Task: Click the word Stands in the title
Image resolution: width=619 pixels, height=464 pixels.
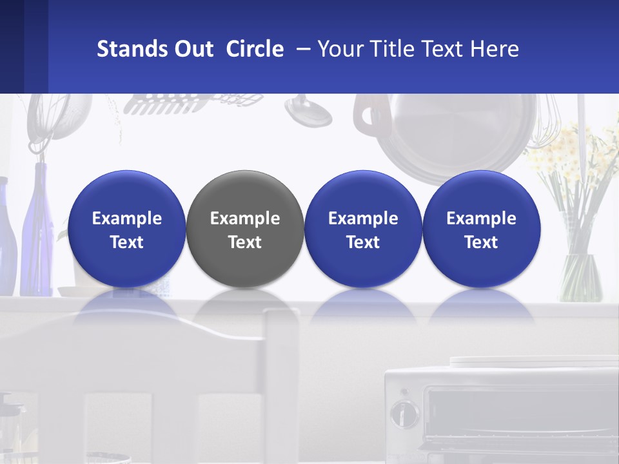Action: coord(132,49)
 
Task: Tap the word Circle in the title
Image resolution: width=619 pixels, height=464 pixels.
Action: coord(255,49)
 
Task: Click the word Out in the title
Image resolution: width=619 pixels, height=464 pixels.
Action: coord(194,49)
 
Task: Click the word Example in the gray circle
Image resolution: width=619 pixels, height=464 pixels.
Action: coord(244,218)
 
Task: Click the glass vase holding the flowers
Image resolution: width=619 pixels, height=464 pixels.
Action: coord(580,277)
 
